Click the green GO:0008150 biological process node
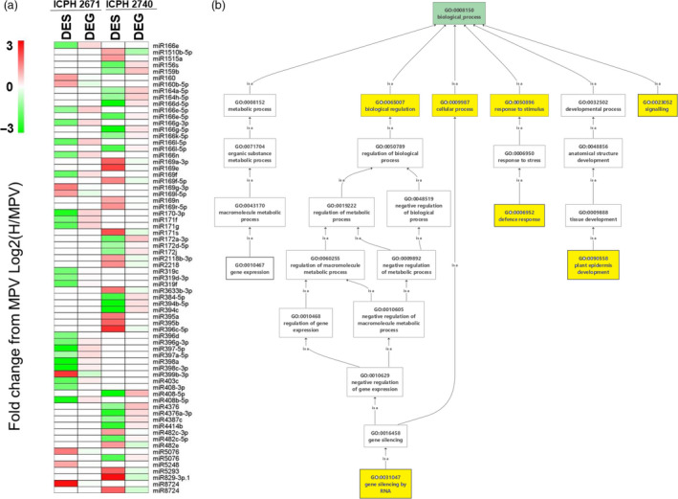tap(425, 14)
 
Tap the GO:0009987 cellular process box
tap(454, 105)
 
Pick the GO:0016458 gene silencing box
tap(383, 437)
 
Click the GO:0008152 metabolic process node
tap(250, 105)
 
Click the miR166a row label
tap(167, 44)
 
